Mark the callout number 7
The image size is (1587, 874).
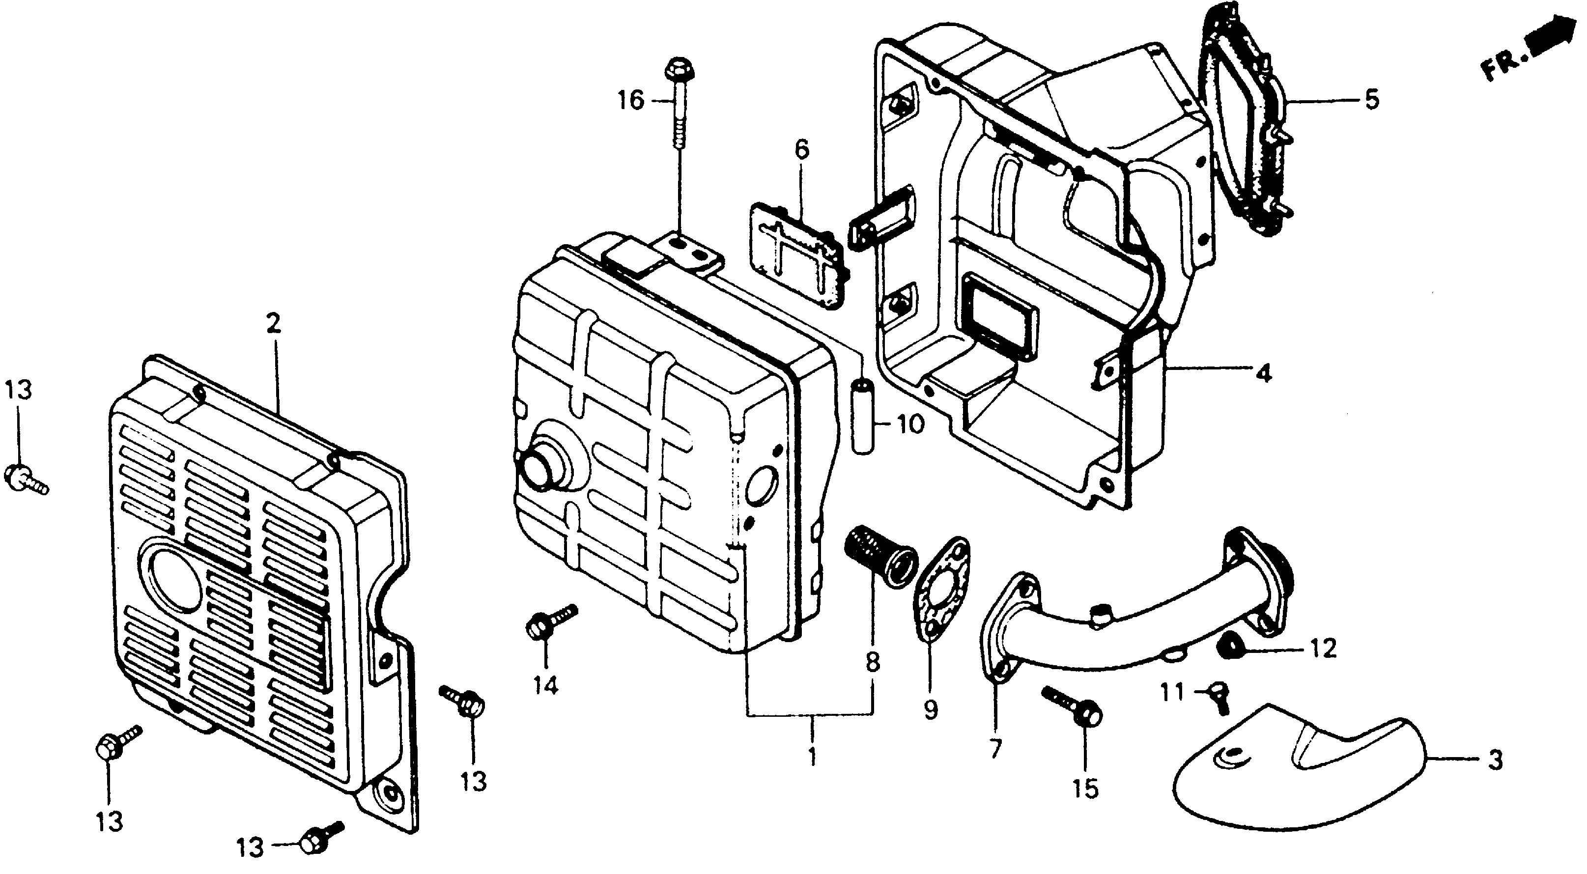[995, 749]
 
